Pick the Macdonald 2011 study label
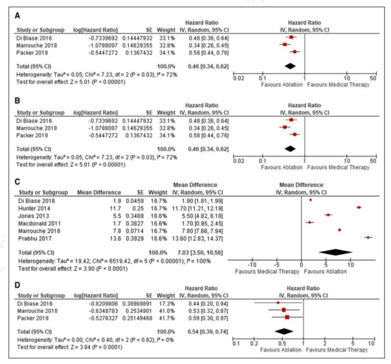[x=38, y=222]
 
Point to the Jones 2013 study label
[x=33, y=214]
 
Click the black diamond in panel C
[x=335, y=252]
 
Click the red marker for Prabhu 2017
[x=368, y=237]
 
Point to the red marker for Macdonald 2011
[x=310, y=222]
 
